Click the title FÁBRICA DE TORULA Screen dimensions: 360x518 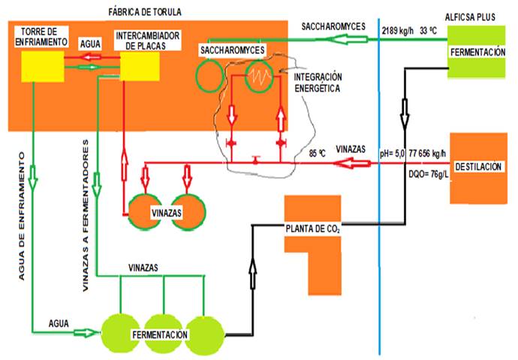coord(145,12)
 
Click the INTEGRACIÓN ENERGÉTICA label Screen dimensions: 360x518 coord(318,82)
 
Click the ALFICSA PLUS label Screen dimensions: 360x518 coord(480,16)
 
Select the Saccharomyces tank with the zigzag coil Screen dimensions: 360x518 coord(259,75)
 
